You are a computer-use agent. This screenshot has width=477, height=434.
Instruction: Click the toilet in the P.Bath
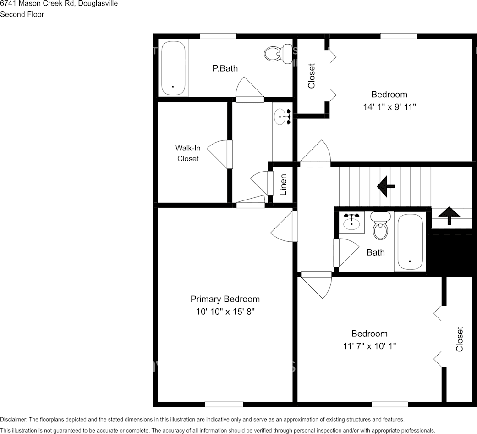[x=278, y=54]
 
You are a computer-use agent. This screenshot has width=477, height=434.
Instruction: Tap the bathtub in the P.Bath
[x=173, y=68]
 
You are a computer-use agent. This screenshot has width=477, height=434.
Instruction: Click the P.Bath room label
[x=225, y=68]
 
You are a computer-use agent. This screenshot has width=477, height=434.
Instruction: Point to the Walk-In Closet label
[x=188, y=153]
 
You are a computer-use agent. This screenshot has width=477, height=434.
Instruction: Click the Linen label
[x=284, y=184]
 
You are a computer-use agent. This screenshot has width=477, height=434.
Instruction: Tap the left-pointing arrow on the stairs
[x=386, y=186]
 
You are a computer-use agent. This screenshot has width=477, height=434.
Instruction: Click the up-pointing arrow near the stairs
[x=449, y=215]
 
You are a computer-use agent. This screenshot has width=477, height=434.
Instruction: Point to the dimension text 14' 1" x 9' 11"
[x=389, y=106]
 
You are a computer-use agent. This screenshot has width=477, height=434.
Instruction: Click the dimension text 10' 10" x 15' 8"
[x=225, y=312]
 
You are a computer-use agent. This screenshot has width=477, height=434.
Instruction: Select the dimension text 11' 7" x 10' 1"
[x=369, y=346]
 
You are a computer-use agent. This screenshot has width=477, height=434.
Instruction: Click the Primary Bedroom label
[x=225, y=299]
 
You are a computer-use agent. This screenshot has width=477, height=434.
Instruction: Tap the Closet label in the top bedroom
[x=312, y=76]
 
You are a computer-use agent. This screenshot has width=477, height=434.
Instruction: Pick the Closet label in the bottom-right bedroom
[x=460, y=339]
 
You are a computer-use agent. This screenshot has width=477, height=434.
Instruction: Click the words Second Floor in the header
[x=22, y=14]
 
